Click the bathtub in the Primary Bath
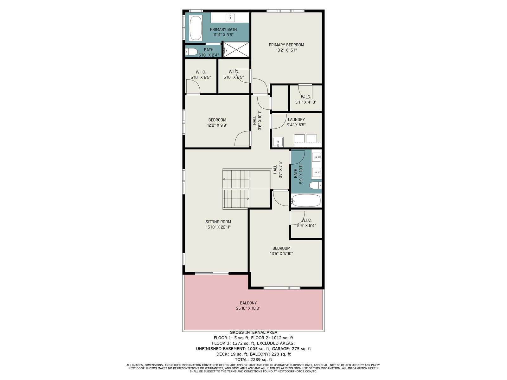[196, 28]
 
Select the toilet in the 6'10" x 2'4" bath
[191, 52]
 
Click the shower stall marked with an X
[236, 50]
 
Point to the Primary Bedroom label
[286, 45]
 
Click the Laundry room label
[296, 119]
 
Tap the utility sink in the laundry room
[278, 142]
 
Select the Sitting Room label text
[218, 222]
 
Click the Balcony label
[248, 303]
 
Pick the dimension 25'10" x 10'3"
[248, 308]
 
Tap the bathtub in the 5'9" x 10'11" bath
[306, 200]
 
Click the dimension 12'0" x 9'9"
[217, 125]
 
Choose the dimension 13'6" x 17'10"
[281, 254]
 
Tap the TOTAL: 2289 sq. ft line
[253, 359]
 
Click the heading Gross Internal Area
[253, 332]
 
